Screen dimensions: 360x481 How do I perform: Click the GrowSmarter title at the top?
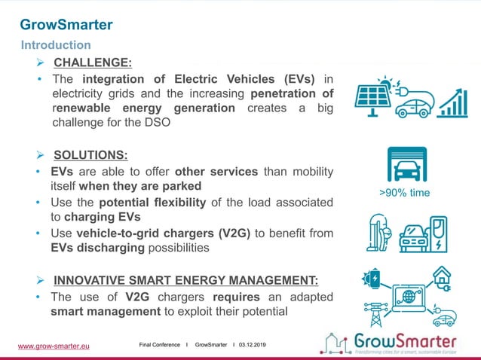pos(66,25)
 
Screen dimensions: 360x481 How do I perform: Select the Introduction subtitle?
pos(56,45)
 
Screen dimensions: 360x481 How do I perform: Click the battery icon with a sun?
pos(374,278)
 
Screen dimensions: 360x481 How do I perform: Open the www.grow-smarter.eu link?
pos(54,346)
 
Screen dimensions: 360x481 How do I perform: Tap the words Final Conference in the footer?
pos(160,344)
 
